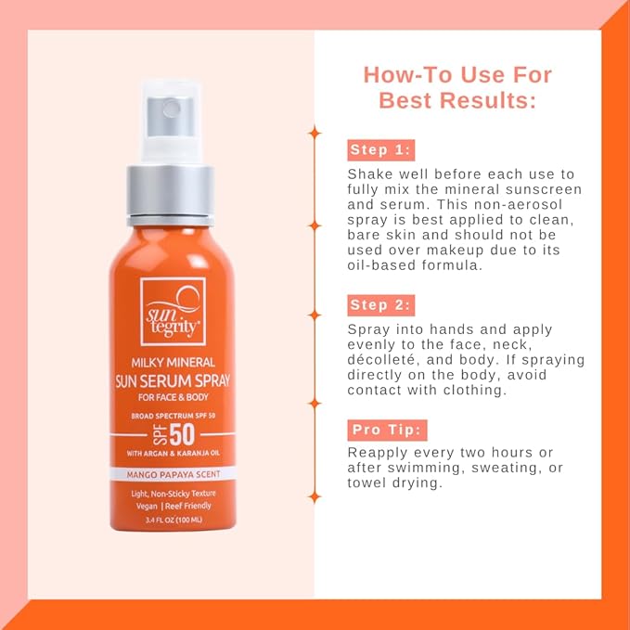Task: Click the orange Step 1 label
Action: [x=380, y=150]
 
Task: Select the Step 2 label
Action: [x=380, y=305]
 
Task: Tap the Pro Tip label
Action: [x=387, y=430]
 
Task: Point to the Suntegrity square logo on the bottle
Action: [x=173, y=310]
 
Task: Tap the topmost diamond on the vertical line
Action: [x=315, y=133]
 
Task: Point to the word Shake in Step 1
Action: [x=369, y=174]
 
